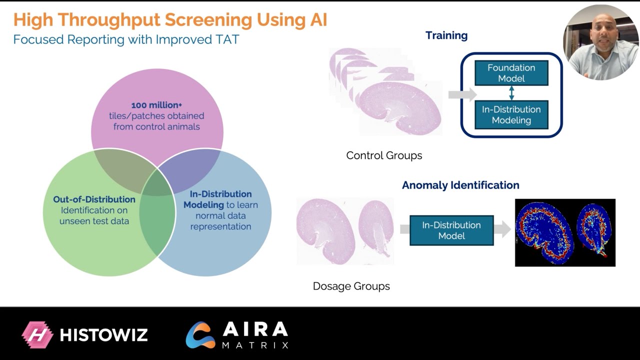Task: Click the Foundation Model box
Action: pyautogui.click(x=511, y=73)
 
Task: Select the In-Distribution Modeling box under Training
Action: pyautogui.click(x=511, y=114)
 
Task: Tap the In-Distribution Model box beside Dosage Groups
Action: pyautogui.click(x=451, y=230)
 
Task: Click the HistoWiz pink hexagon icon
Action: pyautogui.click(x=37, y=334)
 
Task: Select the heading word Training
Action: pyautogui.click(x=446, y=35)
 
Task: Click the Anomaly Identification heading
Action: pyautogui.click(x=460, y=185)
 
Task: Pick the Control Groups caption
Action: pyautogui.click(x=384, y=155)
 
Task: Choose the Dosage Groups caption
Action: pyautogui.click(x=351, y=286)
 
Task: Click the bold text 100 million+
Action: pyautogui.click(x=156, y=105)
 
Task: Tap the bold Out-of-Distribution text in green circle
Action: pyautogui.click(x=94, y=199)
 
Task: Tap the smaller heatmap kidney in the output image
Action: pyautogui.click(x=593, y=228)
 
